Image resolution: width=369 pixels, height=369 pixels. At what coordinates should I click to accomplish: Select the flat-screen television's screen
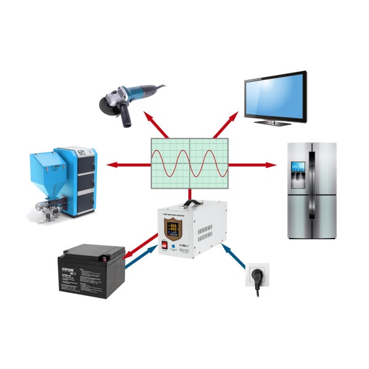click(x=275, y=96)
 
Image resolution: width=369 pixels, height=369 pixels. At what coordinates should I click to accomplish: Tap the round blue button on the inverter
click(x=175, y=247)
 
